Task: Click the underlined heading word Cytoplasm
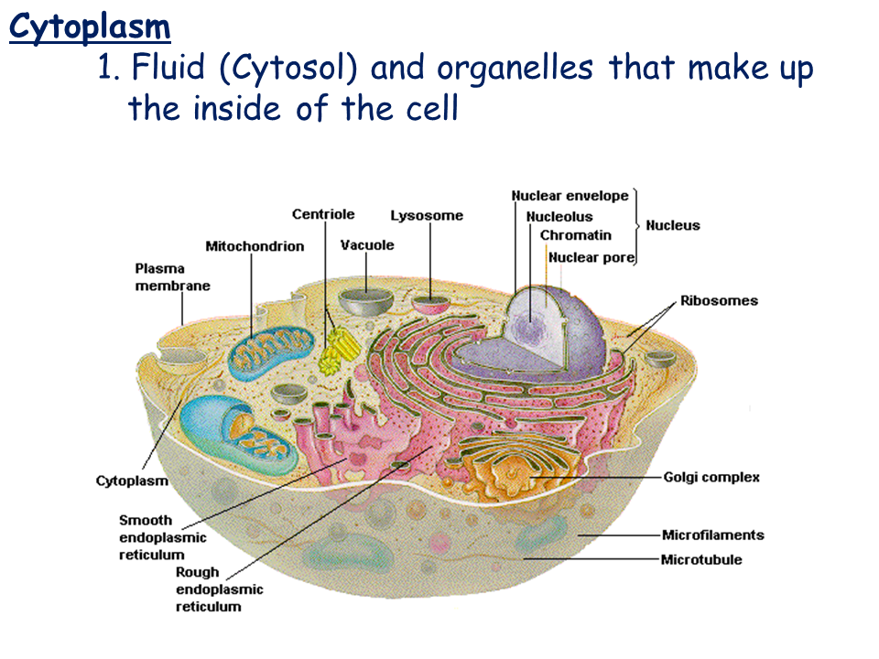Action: coord(90,27)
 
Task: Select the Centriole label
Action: coord(323,214)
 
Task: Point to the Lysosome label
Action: coord(427,216)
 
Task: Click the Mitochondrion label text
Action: coord(255,246)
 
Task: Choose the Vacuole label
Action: coord(367,245)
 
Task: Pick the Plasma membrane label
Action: coord(172,277)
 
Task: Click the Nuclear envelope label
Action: coord(570,196)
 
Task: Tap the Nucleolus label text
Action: coord(559,217)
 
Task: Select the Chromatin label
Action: coord(575,235)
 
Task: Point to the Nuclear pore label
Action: coord(591,257)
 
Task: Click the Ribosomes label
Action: coord(719,300)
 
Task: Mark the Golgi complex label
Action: coord(711,477)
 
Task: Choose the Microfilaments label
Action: coord(712,535)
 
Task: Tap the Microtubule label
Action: coord(701,559)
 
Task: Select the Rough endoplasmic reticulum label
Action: coord(219,589)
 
